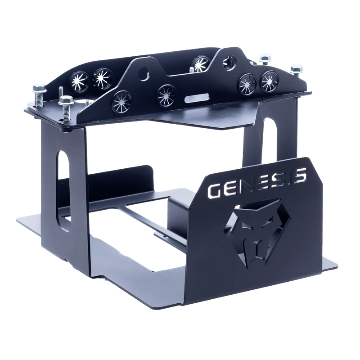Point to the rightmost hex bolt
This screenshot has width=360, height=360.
tap(297, 70)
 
